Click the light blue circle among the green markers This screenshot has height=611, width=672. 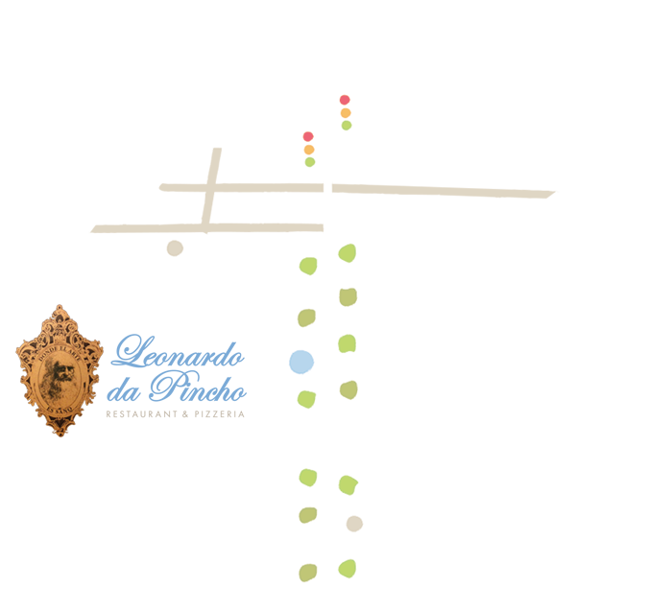[x=301, y=362]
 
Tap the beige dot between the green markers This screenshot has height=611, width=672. [x=354, y=524]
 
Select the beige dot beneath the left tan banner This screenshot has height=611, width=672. [x=175, y=247]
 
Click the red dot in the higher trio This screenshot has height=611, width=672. [x=345, y=100]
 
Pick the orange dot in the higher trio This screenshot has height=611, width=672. [x=346, y=113]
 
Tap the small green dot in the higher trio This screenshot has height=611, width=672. [x=347, y=126]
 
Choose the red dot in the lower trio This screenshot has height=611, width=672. [x=308, y=137]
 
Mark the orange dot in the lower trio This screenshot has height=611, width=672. [x=309, y=150]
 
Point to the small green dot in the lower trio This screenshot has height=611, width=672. [x=310, y=162]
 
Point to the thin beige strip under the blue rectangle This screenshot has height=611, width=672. [x=177, y=411]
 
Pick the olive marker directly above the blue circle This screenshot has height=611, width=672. [x=306, y=317]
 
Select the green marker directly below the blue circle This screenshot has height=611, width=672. [x=306, y=399]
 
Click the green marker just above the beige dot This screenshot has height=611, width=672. [x=348, y=485]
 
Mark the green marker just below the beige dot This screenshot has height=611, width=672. [x=348, y=569]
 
